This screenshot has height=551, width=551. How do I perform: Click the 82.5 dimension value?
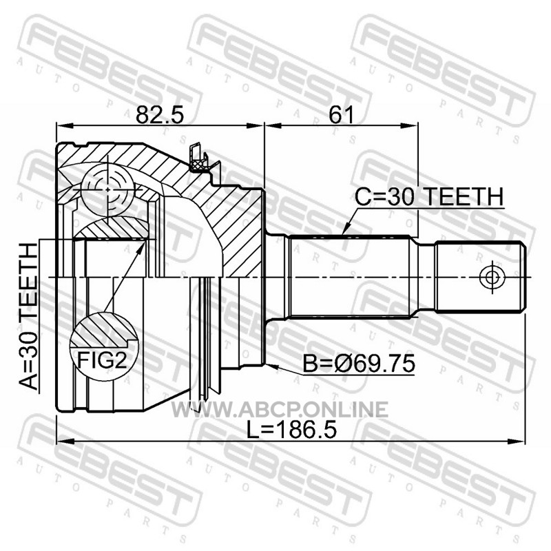pyautogui.click(x=160, y=114)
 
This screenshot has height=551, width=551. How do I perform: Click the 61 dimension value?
pyautogui.click(x=341, y=114)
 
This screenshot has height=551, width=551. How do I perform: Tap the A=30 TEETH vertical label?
pyautogui.click(x=28, y=317)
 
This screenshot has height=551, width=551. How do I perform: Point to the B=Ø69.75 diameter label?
pyautogui.click(x=359, y=364)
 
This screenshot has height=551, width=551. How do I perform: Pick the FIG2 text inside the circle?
pyautogui.click(x=102, y=360)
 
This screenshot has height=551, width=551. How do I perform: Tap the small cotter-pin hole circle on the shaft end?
pyautogui.click(x=492, y=278)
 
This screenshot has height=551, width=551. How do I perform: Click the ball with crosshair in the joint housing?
pyautogui.click(x=107, y=189)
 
